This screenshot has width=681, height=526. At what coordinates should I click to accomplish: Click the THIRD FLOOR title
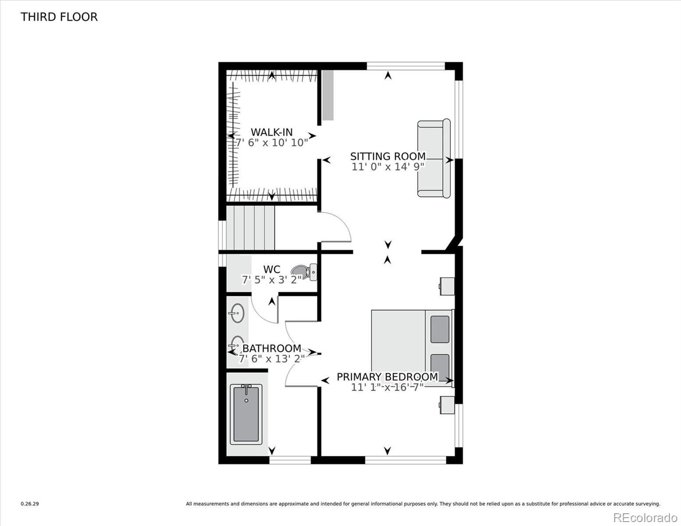[x=59, y=17]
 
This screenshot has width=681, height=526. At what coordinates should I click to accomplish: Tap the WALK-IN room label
[x=271, y=132]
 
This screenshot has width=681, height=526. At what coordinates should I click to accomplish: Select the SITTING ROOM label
[x=388, y=156]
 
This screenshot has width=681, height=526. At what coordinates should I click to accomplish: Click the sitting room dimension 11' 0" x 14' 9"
[x=388, y=167]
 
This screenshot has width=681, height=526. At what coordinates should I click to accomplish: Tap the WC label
[x=271, y=269]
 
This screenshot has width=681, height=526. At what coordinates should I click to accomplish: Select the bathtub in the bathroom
[x=247, y=414]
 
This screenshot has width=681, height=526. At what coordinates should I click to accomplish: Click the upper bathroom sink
[x=237, y=313]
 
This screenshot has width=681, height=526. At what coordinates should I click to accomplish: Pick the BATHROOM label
[x=271, y=348]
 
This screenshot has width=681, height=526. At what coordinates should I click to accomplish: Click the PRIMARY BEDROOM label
[x=387, y=377]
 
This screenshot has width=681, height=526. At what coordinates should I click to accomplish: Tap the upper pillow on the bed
[x=439, y=329]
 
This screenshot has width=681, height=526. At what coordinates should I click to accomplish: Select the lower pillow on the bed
[x=439, y=366]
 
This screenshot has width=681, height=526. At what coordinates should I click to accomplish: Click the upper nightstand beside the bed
[x=446, y=286]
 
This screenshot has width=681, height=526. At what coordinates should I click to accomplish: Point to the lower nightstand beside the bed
[x=446, y=405]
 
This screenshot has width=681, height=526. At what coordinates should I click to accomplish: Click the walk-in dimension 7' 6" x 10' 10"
[x=271, y=143]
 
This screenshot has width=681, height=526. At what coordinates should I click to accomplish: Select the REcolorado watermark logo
[x=645, y=517]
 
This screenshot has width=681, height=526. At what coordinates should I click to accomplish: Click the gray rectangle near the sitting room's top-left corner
[x=328, y=95]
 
